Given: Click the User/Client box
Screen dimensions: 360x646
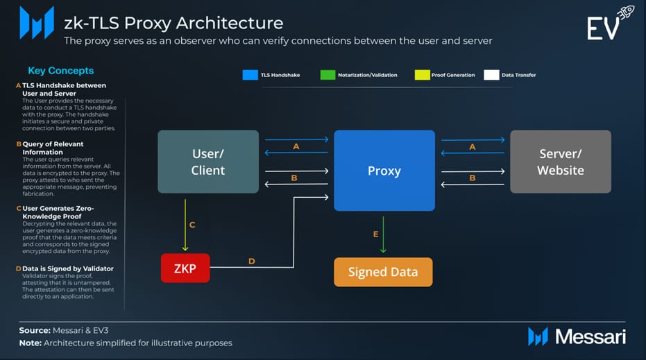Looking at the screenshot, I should point(208,161).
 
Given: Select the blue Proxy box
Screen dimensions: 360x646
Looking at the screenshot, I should point(384,171).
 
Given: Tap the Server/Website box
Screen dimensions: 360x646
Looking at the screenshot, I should point(560,161).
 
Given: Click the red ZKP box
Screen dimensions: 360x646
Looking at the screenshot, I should point(185,268).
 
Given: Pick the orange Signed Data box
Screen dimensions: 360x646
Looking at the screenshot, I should point(383,272).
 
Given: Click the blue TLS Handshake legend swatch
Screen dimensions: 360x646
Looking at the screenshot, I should point(250,75).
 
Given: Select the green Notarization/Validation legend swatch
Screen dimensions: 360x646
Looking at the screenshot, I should point(328,75).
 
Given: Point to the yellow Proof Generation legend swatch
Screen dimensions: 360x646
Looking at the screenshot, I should point(422,75).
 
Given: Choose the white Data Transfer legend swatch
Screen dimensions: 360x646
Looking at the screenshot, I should point(491,75).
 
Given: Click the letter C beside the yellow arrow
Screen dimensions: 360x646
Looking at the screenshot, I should point(192,224).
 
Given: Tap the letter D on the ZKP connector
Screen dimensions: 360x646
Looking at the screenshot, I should point(252,262).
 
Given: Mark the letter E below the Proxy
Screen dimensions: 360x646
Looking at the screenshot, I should point(376,234).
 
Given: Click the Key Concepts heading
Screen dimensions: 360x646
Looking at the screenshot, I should point(60,71).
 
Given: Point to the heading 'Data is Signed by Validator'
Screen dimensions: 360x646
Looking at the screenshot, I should point(68,268).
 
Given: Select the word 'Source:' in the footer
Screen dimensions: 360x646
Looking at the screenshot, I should point(36,330).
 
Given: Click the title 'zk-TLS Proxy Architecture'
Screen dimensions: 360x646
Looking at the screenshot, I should point(173,23).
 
